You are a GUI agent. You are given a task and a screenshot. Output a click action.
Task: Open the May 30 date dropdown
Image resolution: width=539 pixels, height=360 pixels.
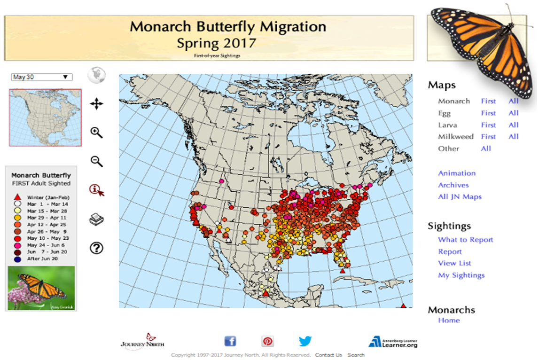click(41, 77)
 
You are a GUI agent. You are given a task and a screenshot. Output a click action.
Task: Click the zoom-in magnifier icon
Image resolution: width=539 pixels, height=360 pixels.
click(96, 133)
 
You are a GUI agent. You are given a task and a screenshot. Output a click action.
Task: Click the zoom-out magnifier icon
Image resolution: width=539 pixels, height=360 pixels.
click(96, 162)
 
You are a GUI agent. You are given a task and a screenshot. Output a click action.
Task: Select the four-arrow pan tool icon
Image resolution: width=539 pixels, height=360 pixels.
click(96, 104)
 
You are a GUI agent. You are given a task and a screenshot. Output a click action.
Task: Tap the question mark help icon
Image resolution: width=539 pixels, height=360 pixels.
click(96, 248)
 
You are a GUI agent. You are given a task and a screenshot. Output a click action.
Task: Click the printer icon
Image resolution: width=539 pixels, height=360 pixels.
click(96, 219)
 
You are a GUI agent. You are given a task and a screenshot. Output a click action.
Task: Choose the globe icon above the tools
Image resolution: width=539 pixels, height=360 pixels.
click(96, 75)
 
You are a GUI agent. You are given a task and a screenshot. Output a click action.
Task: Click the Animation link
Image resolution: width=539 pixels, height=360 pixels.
click(457, 173)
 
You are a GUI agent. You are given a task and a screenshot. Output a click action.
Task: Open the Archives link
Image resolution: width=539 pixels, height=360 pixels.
click(453, 185)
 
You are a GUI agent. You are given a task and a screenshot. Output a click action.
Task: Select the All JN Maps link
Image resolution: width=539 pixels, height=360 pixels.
click(460, 197)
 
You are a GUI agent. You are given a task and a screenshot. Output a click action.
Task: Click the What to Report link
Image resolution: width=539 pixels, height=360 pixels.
click(466, 240)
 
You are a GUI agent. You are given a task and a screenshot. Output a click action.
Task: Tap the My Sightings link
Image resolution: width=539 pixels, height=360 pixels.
click(461, 275)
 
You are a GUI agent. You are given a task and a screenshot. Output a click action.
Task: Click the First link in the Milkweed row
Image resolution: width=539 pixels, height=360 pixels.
click(488, 137)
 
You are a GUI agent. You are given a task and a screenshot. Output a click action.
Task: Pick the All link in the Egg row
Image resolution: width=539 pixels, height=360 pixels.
click(513, 113)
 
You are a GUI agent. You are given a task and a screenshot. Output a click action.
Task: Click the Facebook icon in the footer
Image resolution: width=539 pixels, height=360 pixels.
click(230, 342)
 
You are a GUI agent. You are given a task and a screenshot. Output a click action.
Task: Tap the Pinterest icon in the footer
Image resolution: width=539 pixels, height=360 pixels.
click(268, 342)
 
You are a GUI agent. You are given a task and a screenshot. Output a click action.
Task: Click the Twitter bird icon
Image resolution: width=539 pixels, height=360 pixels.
click(305, 342)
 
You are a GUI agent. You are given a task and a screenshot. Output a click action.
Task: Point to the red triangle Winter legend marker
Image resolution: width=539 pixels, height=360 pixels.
click(17, 197)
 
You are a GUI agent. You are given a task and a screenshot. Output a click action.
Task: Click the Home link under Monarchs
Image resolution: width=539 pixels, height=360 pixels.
click(449, 321)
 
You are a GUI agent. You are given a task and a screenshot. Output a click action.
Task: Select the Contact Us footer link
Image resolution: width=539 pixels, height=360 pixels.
click(328, 355)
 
